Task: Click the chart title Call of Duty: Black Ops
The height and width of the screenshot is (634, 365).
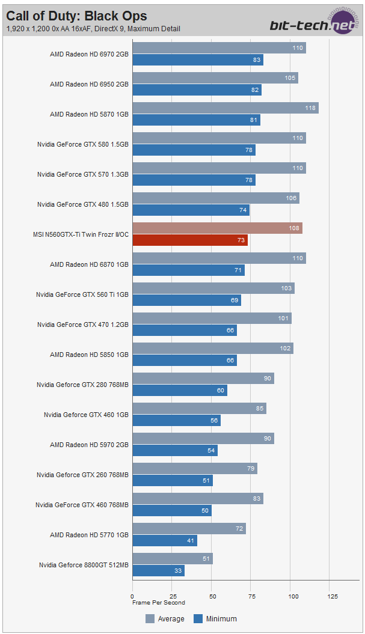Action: click(76, 16)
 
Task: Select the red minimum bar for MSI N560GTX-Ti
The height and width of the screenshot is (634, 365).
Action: click(190, 240)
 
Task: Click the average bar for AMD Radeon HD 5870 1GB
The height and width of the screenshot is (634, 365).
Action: click(225, 108)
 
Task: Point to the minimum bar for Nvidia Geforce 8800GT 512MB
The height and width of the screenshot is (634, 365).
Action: click(158, 571)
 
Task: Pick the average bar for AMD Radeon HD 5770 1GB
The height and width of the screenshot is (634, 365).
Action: click(189, 529)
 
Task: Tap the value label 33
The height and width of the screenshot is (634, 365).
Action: click(178, 571)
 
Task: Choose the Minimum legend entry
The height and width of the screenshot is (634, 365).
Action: click(215, 618)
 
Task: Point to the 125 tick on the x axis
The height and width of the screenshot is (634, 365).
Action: click(333, 596)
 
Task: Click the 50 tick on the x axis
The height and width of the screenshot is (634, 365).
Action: click(212, 596)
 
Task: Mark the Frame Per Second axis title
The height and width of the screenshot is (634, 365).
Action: click(159, 603)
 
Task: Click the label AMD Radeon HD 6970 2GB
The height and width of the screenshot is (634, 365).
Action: click(89, 54)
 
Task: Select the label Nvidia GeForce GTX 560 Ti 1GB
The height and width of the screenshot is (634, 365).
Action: click(83, 294)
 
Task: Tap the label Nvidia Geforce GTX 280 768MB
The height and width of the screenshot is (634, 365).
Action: click(82, 385)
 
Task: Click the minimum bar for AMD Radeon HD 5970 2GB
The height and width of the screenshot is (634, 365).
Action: click(175, 451)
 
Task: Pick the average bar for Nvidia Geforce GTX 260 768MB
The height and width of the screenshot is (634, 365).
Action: click(195, 469)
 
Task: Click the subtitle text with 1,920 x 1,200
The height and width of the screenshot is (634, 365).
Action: click(93, 28)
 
